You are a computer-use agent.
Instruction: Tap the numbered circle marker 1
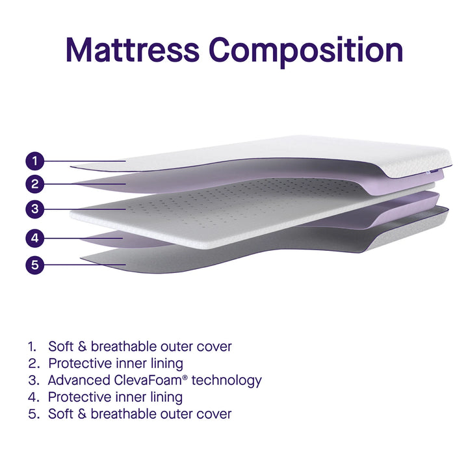pos(36,160)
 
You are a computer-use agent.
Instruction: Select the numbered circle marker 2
pos(36,184)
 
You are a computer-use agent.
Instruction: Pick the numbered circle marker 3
pos(36,209)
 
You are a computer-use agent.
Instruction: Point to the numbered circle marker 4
pos(36,238)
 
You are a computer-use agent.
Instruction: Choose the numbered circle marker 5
pos(36,265)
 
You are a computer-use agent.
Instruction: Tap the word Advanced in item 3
pos(78,380)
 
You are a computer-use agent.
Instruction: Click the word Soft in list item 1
pos(60,346)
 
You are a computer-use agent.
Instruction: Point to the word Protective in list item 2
pos(81,363)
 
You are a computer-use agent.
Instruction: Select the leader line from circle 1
pos(84,160)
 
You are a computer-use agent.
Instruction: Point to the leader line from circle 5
pos(84,265)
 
